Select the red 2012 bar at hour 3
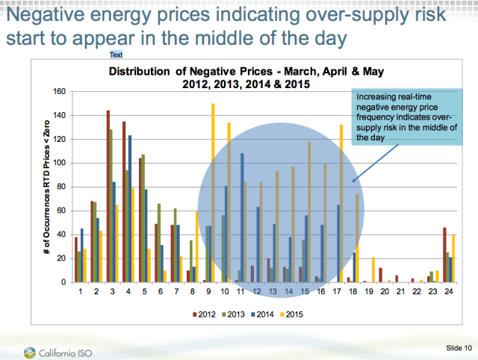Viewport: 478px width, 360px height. click(x=108, y=196)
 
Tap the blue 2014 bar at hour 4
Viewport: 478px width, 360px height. click(x=130, y=208)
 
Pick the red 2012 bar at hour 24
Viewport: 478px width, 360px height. click(x=444, y=255)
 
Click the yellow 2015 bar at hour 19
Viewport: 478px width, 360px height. click(x=373, y=270)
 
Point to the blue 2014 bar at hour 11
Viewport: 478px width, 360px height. click(x=242, y=217)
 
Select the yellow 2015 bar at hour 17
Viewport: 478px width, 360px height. click(x=341, y=203)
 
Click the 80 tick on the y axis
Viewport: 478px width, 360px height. click(x=63, y=187)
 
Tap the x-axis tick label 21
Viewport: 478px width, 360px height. click(x=398, y=291)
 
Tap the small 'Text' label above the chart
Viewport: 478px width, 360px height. click(x=117, y=55)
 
